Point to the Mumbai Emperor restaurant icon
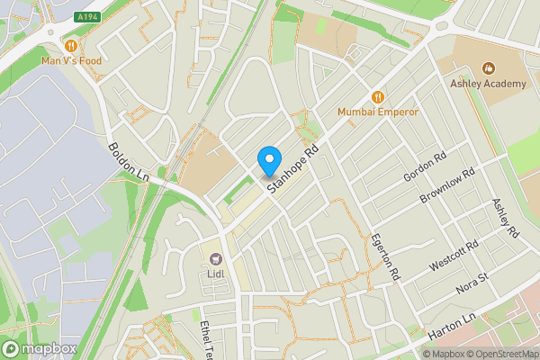click(x=378, y=96)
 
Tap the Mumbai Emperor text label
click(x=378, y=112)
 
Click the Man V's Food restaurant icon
click(x=70, y=45)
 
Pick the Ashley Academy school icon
click(x=489, y=68)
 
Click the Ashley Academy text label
click(x=488, y=84)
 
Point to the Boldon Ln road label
click(x=127, y=162)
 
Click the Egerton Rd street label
click(x=385, y=256)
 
